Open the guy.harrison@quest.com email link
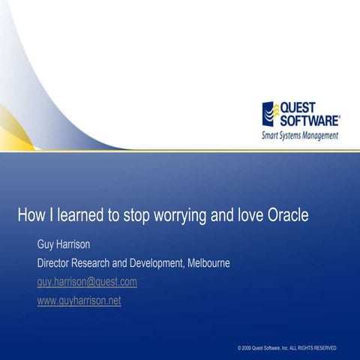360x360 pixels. (87, 282)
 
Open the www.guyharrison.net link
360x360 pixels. (79, 301)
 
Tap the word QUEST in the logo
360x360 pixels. (299, 106)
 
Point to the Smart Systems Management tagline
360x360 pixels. (299, 136)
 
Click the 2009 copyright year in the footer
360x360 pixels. (245, 349)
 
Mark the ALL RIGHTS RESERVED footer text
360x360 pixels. (313, 349)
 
